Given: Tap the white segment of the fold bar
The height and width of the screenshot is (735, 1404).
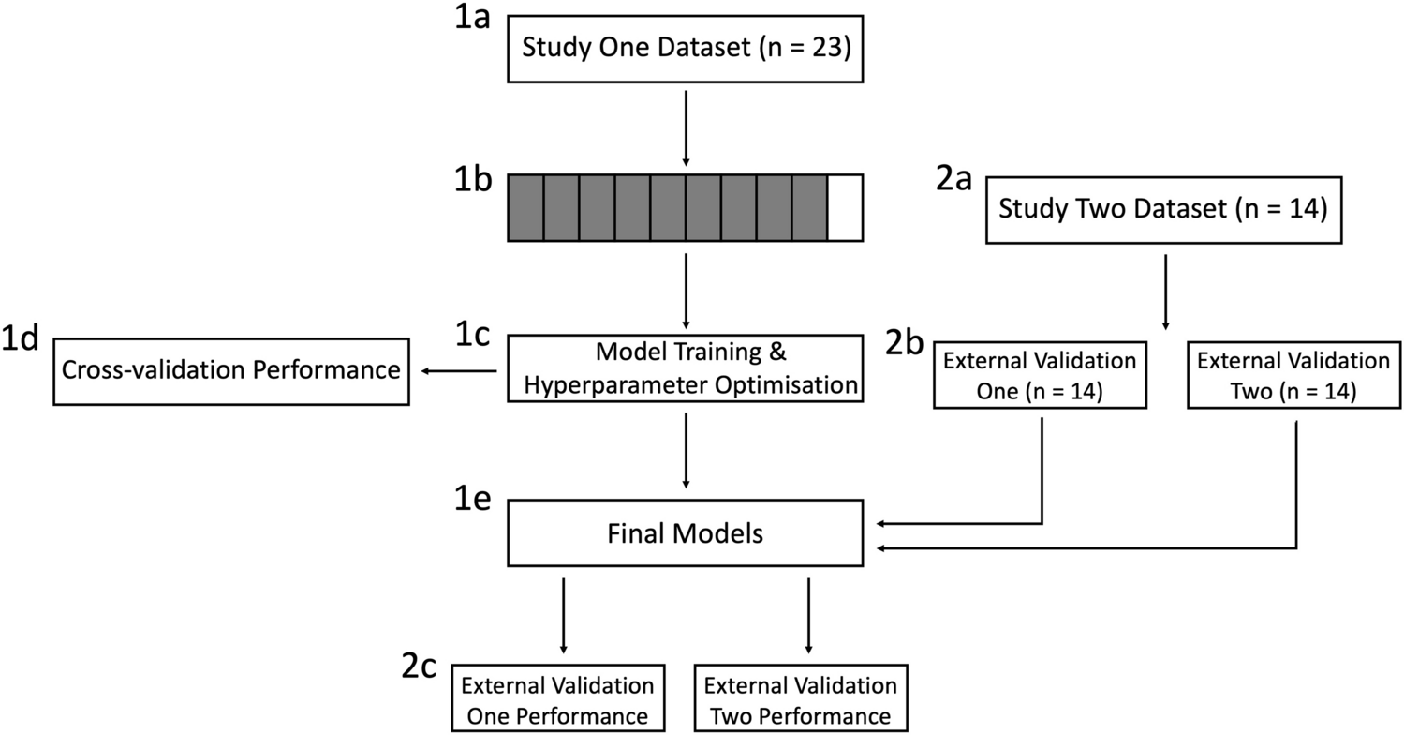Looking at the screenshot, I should click(x=845, y=208).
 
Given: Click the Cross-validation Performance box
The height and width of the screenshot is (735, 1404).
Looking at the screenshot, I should click(x=231, y=370).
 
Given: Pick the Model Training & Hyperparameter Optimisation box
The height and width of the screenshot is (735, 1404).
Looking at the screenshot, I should click(x=685, y=370).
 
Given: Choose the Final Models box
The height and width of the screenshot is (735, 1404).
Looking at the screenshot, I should click(x=685, y=533).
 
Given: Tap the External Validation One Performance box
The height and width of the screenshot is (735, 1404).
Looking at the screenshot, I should click(x=558, y=699).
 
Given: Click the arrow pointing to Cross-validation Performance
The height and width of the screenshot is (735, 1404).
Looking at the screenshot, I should click(x=458, y=371).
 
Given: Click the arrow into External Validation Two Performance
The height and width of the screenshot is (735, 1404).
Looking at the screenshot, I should click(x=808, y=614).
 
